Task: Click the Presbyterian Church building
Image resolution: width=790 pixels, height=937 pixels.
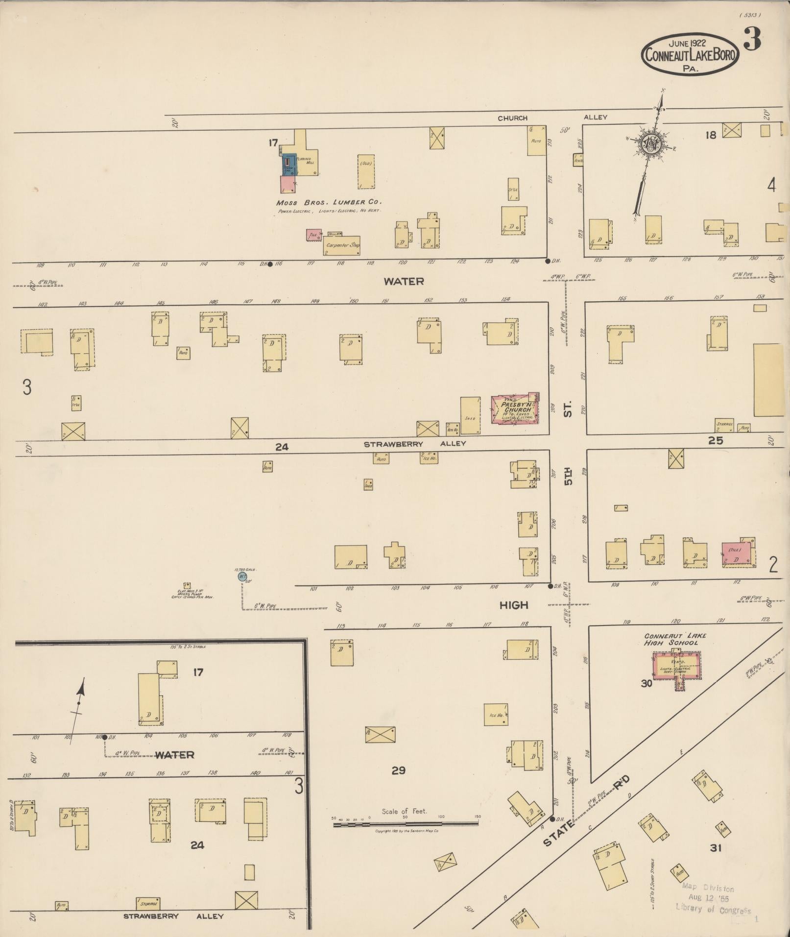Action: pos(514,409)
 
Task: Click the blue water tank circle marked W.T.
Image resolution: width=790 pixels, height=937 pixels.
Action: pos(242,577)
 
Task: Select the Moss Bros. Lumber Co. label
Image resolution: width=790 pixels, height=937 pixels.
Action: pos(329,202)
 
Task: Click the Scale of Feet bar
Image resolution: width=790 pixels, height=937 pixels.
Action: pos(406,824)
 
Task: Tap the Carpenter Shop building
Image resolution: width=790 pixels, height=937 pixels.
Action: pos(342,245)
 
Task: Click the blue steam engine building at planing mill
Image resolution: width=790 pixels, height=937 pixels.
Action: pos(288,165)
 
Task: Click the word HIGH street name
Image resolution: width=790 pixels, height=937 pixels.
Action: pos(514,605)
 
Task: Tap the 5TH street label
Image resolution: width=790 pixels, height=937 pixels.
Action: pos(568,475)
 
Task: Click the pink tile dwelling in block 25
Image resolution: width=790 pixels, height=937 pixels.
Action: pos(737,554)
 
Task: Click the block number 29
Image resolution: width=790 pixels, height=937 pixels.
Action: pos(398,770)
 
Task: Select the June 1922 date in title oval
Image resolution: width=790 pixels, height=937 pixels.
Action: pos(688,43)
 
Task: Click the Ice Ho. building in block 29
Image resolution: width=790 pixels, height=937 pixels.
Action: pos(496,715)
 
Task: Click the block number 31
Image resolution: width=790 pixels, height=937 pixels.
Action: pos(716,848)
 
